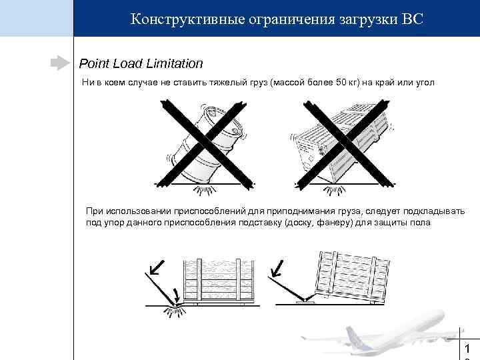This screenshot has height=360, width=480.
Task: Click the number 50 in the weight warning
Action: [338, 82]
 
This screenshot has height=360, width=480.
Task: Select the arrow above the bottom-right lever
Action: [279, 266]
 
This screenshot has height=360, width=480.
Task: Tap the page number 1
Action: [468, 349]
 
